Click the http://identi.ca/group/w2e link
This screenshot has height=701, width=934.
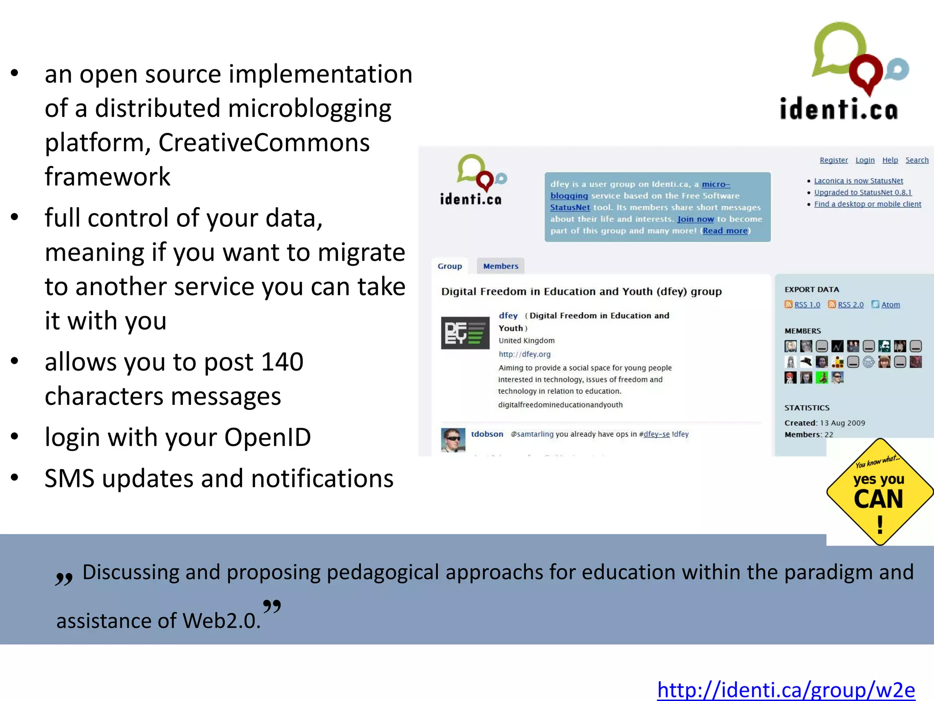point(786,689)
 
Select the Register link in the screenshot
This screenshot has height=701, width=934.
point(834,160)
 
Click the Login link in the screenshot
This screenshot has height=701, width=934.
point(865,160)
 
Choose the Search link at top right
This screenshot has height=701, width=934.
point(917,160)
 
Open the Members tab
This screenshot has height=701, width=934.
point(500,266)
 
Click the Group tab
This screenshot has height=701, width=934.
point(450,266)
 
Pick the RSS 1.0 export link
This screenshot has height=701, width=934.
point(807,305)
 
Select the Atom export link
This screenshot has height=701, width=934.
point(890,305)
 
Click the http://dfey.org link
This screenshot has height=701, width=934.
point(524,354)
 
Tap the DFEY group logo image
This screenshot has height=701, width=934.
point(465,333)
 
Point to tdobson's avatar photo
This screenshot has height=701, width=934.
point(453,440)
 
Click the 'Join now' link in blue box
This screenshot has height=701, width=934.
point(695,219)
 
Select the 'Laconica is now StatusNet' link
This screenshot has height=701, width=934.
point(858,181)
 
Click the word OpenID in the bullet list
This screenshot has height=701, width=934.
point(267,437)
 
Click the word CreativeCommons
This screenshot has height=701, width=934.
point(264,142)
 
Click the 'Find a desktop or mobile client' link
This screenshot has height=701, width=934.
point(867,204)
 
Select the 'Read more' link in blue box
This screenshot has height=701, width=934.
point(725,231)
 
